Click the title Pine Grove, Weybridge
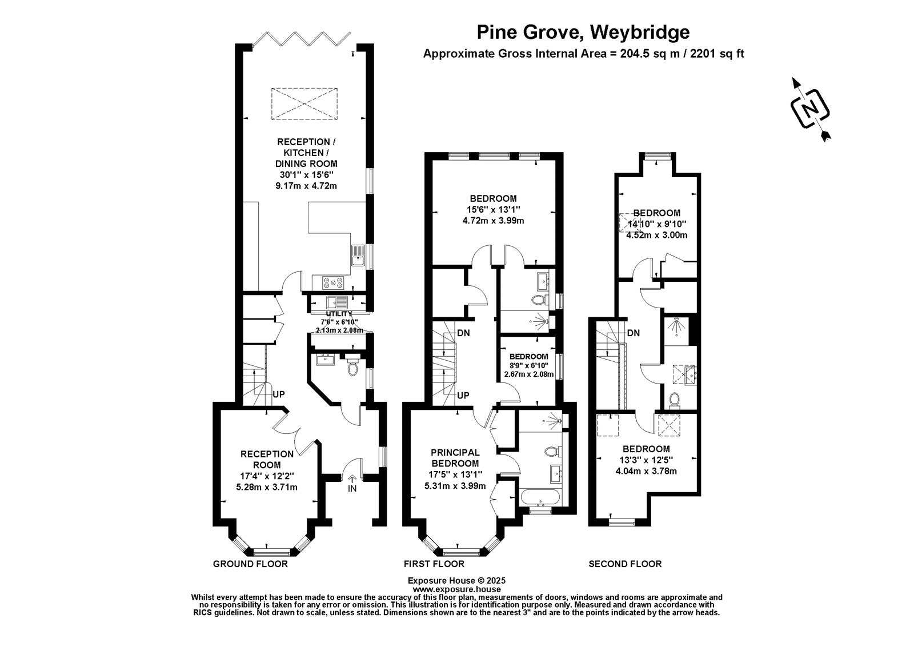583,32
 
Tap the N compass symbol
811,109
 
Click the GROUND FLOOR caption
250,564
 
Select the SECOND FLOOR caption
625,564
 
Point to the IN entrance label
352,488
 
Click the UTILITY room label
339,314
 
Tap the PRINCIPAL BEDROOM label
455,458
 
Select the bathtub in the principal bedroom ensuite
539,498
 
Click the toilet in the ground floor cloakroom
352,368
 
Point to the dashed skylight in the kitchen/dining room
304,103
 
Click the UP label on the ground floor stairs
279,394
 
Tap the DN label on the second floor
634,333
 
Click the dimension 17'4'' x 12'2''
267,476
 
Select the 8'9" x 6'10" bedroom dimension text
529,365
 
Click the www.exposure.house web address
456,589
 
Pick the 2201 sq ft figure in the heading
717,54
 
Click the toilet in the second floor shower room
674,400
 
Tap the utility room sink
336,302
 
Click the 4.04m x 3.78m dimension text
646,471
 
